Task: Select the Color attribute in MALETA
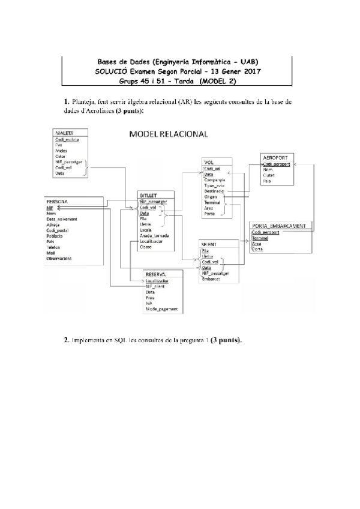point(60,156)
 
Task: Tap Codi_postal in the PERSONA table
point(58,230)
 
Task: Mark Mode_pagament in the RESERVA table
point(161,309)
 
